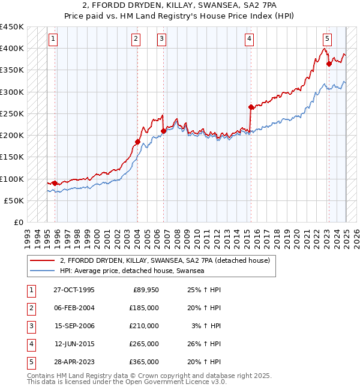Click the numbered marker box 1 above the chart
click(53, 39)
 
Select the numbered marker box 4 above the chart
click(249, 39)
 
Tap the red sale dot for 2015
click(251, 107)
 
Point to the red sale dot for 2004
click(137, 142)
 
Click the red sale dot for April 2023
click(329, 64)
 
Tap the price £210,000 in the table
click(144, 326)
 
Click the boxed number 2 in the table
click(30, 308)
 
